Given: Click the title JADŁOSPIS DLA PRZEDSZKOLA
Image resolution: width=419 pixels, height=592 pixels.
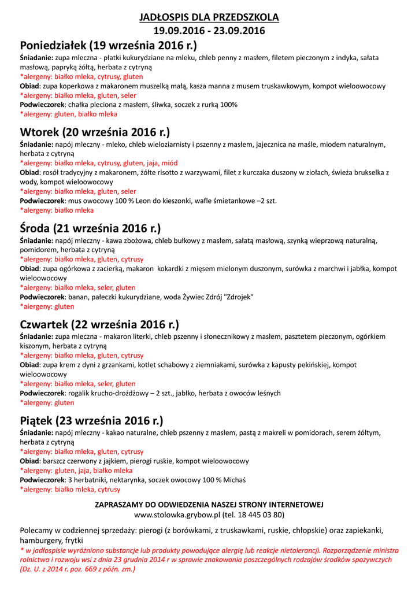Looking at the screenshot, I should pyautogui.click(x=209, y=17).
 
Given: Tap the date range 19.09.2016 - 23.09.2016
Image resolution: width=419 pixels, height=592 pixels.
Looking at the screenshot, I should pyautogui.click(x=209, y=31).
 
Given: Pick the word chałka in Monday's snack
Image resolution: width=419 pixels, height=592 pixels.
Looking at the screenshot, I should pyautogui.click(x=79, y=105).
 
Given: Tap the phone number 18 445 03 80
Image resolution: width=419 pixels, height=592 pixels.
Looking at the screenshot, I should pyautogui.click(x=259, y=514).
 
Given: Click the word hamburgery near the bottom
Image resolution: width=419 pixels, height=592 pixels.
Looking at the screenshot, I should pyautogui.click(x=40, y=539).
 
